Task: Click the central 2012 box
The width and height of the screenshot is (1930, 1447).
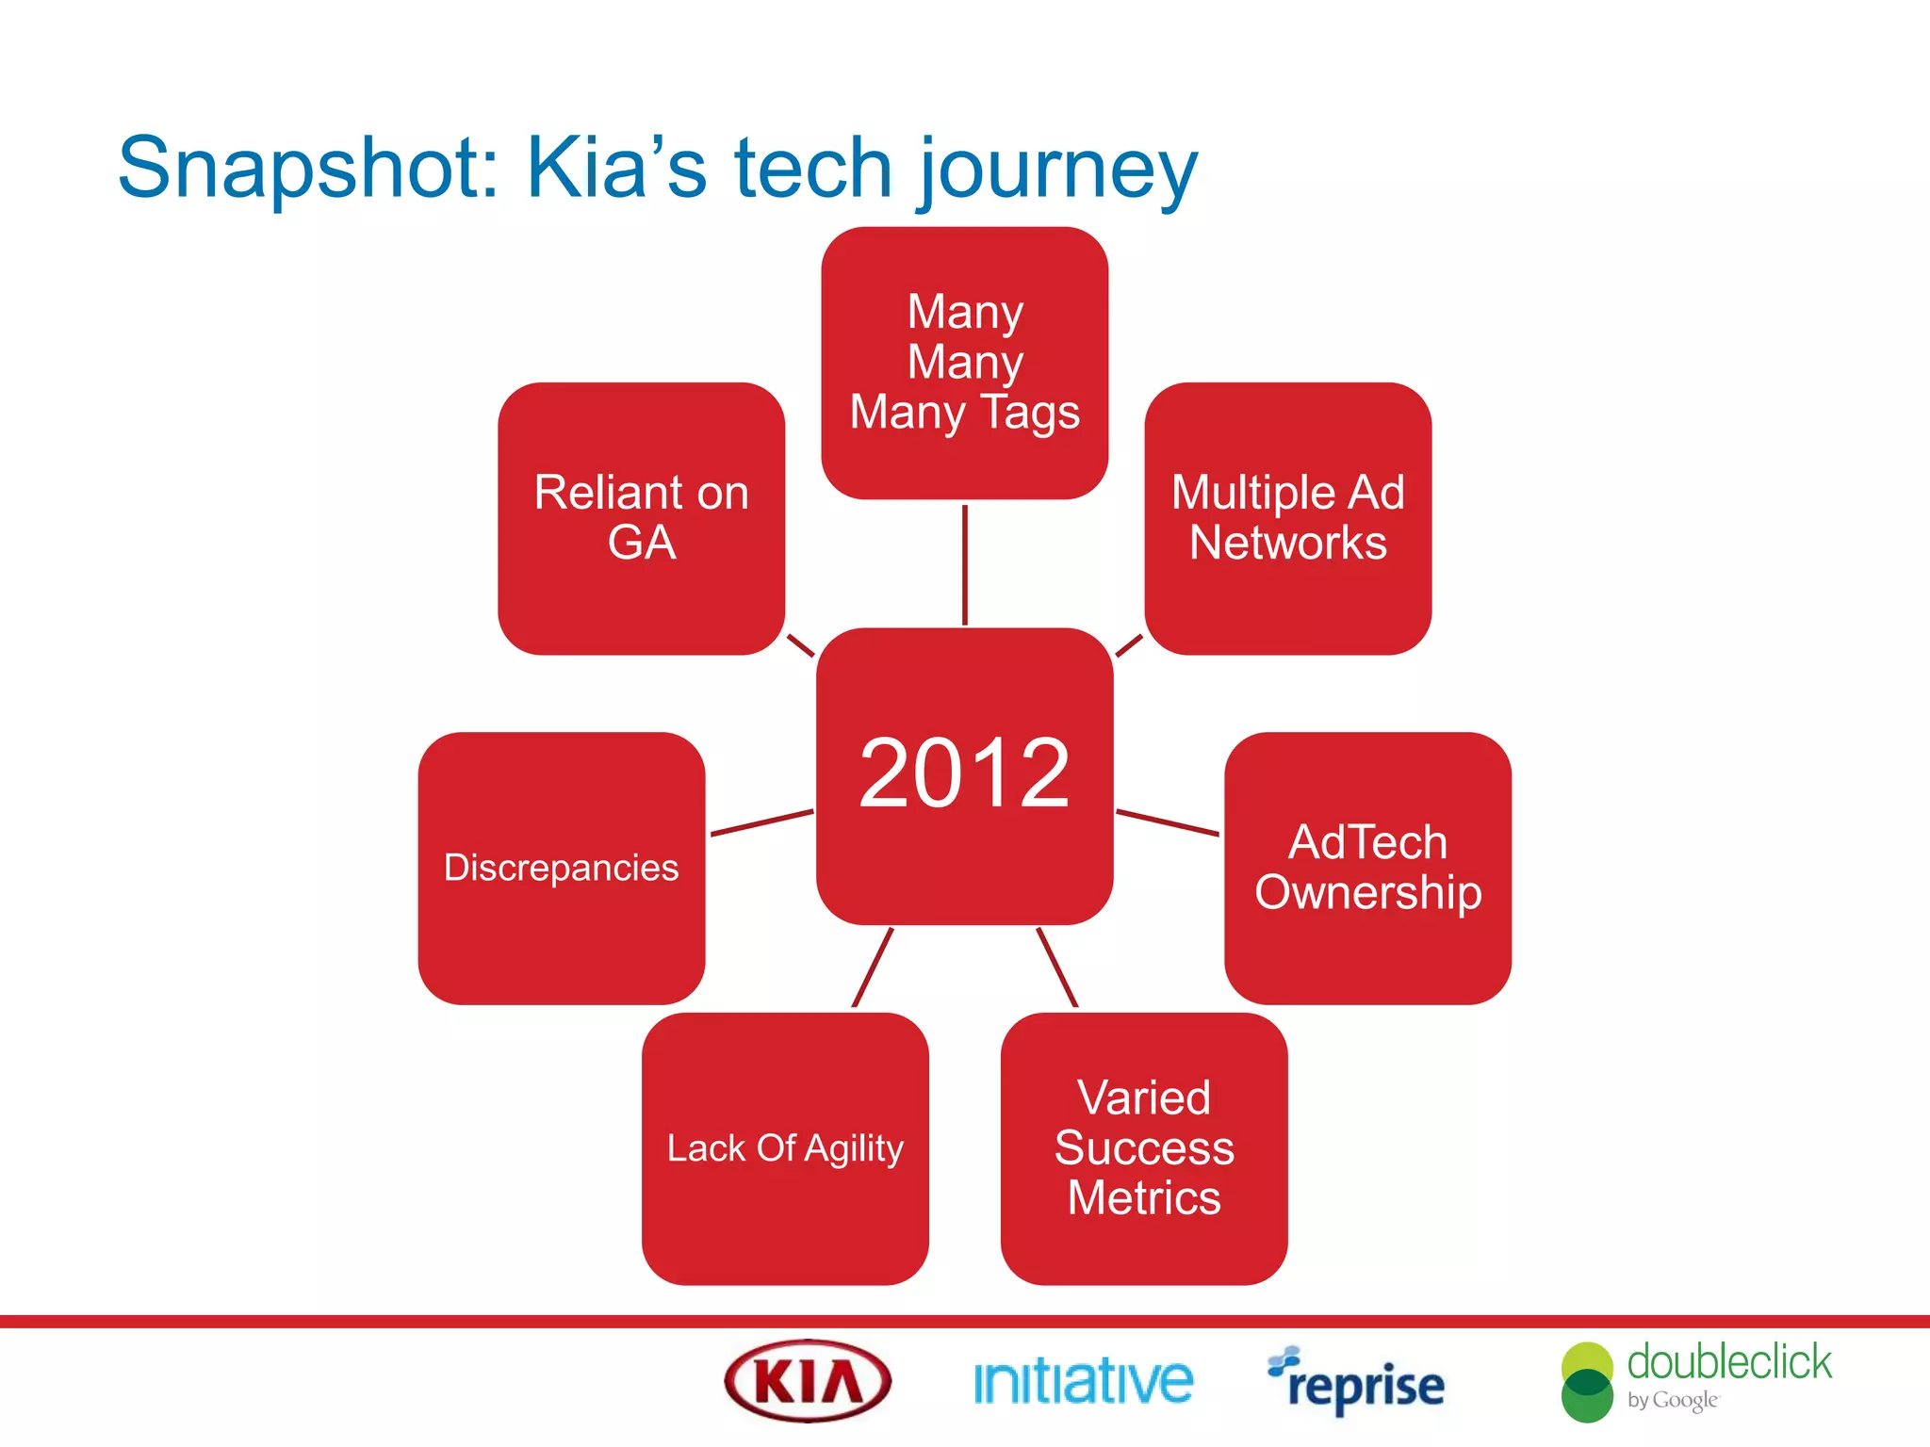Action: click(x=964, y=774)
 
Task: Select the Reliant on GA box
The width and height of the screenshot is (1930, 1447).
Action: click(x=641, y=518)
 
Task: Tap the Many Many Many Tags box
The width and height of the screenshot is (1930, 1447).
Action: click(x=964, y=363)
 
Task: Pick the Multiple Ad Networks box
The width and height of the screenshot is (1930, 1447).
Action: click(x=1287, y=518)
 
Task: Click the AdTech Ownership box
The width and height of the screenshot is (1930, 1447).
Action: click(x=1367, y=868)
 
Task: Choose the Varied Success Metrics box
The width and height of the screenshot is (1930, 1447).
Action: click(x=1143, y=1147)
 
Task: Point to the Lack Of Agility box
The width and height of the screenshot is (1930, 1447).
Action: click(x=785, y=1147)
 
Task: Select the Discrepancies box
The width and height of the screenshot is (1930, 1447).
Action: click(x=561, y=868)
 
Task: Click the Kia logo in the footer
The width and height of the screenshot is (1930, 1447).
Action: click(x=808, y=1381)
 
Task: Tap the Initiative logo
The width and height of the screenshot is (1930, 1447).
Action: click(x=1083, y=1382)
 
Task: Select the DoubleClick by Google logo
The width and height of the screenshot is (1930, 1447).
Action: click(x=1696, y=1381)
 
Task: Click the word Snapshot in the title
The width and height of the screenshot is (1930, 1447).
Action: click(x=306, y=170)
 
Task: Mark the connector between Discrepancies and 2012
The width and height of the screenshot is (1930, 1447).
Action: click(x=761, y=822)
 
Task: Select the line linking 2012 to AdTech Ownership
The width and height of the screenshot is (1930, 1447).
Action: click(x=1167, y=822)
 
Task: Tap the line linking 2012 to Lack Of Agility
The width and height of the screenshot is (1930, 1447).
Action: click(x=872, y=967)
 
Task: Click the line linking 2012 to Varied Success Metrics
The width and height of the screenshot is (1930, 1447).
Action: click(x=1056, y=967)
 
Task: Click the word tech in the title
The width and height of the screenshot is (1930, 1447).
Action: click(x=812, y=170)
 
